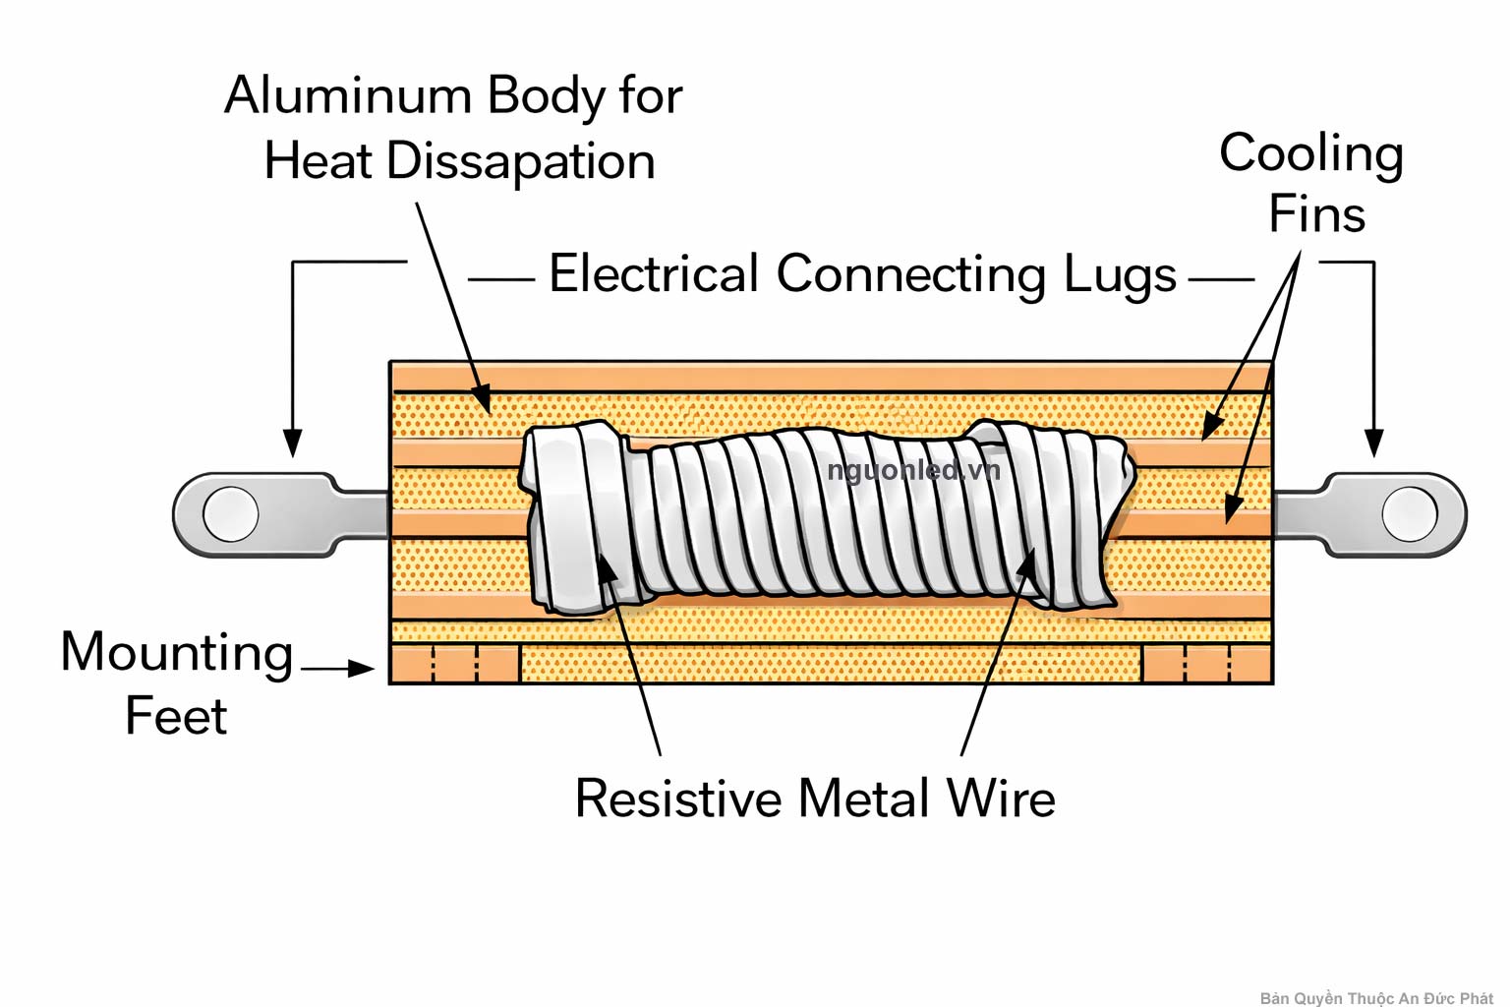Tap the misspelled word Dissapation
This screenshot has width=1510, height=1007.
click(520, 162)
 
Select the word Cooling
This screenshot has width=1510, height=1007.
click(1310, 155)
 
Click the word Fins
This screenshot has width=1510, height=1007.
click(1316, 214)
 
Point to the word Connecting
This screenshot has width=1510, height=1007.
click(910, 275)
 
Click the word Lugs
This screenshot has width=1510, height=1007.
click(1120, 275)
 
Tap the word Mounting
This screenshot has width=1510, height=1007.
click(177, 654)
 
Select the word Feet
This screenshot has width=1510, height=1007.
click(176, 717)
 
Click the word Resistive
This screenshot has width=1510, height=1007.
click(677, 799)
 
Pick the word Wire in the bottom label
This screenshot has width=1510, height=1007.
click(1001, 799)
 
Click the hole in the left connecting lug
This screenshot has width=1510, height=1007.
click(231, 514)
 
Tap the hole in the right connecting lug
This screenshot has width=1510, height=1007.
click(1409, 514)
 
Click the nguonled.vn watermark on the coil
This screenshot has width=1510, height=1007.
click(913, 471)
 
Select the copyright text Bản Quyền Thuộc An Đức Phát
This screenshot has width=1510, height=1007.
click(1375, 998)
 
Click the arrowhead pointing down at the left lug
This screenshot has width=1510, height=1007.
click(292, 444)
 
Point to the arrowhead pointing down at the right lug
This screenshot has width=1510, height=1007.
click(1374, 444)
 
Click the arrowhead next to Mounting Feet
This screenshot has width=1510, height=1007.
click(362, 669)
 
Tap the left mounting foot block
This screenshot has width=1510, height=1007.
click(455, 664)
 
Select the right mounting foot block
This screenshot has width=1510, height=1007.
click(1206, 664)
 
